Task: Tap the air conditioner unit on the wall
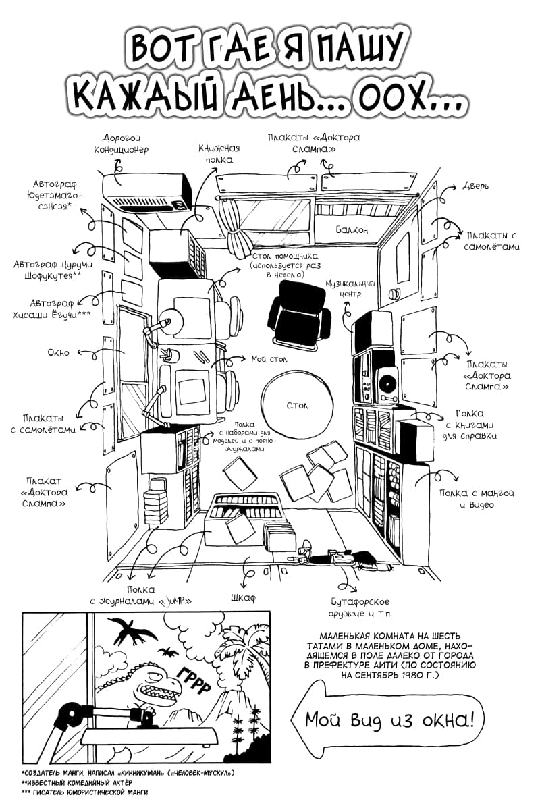tap(148, 190)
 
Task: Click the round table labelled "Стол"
tap(297, 405)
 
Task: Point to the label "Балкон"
tap(352, 230)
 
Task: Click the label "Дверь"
tap(475, 186)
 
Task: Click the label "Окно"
tap(58, 352)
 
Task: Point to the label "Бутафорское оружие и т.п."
tap(360, 607)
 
